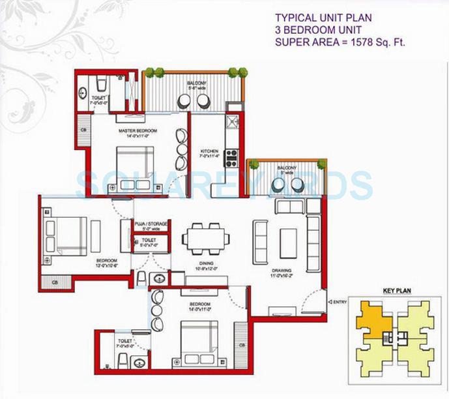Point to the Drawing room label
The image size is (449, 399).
click(x=282, y=271)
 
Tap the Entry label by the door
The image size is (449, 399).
click(x=339, y=302)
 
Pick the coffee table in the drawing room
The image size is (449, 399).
click(x=289, y=243)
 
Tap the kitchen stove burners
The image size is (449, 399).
click(x=231, y=157)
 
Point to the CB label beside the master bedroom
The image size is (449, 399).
click(x=83, y=130)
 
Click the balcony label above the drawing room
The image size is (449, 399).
click(x=287, y=168)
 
